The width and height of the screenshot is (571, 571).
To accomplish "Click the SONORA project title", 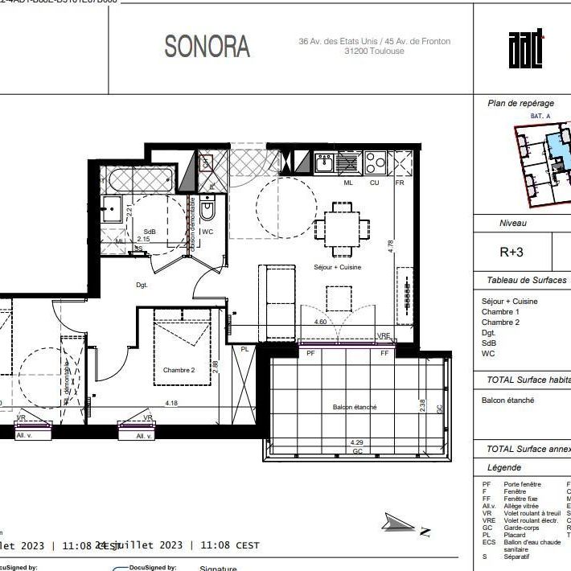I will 207,47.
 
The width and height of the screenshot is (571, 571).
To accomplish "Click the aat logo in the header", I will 526,49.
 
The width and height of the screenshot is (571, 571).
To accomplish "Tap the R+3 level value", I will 511,252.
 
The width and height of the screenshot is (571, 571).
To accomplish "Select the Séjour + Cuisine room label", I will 337,267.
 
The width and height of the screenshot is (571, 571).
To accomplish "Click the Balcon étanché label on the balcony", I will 355,407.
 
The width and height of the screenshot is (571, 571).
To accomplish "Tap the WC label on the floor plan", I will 207,232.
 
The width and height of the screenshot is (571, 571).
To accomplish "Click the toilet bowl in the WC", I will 207,212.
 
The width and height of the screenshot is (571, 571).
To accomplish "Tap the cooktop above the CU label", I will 376,163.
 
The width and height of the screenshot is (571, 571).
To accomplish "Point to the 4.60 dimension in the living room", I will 319,322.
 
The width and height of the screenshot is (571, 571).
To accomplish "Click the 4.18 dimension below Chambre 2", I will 171,403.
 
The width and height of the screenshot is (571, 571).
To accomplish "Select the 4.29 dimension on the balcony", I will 356,442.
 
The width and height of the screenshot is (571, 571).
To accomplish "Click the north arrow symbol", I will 405,527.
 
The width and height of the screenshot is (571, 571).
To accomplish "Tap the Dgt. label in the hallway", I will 142,285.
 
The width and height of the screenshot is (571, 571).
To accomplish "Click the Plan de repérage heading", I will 520,103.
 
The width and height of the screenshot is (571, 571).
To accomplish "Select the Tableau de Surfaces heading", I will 526,281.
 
